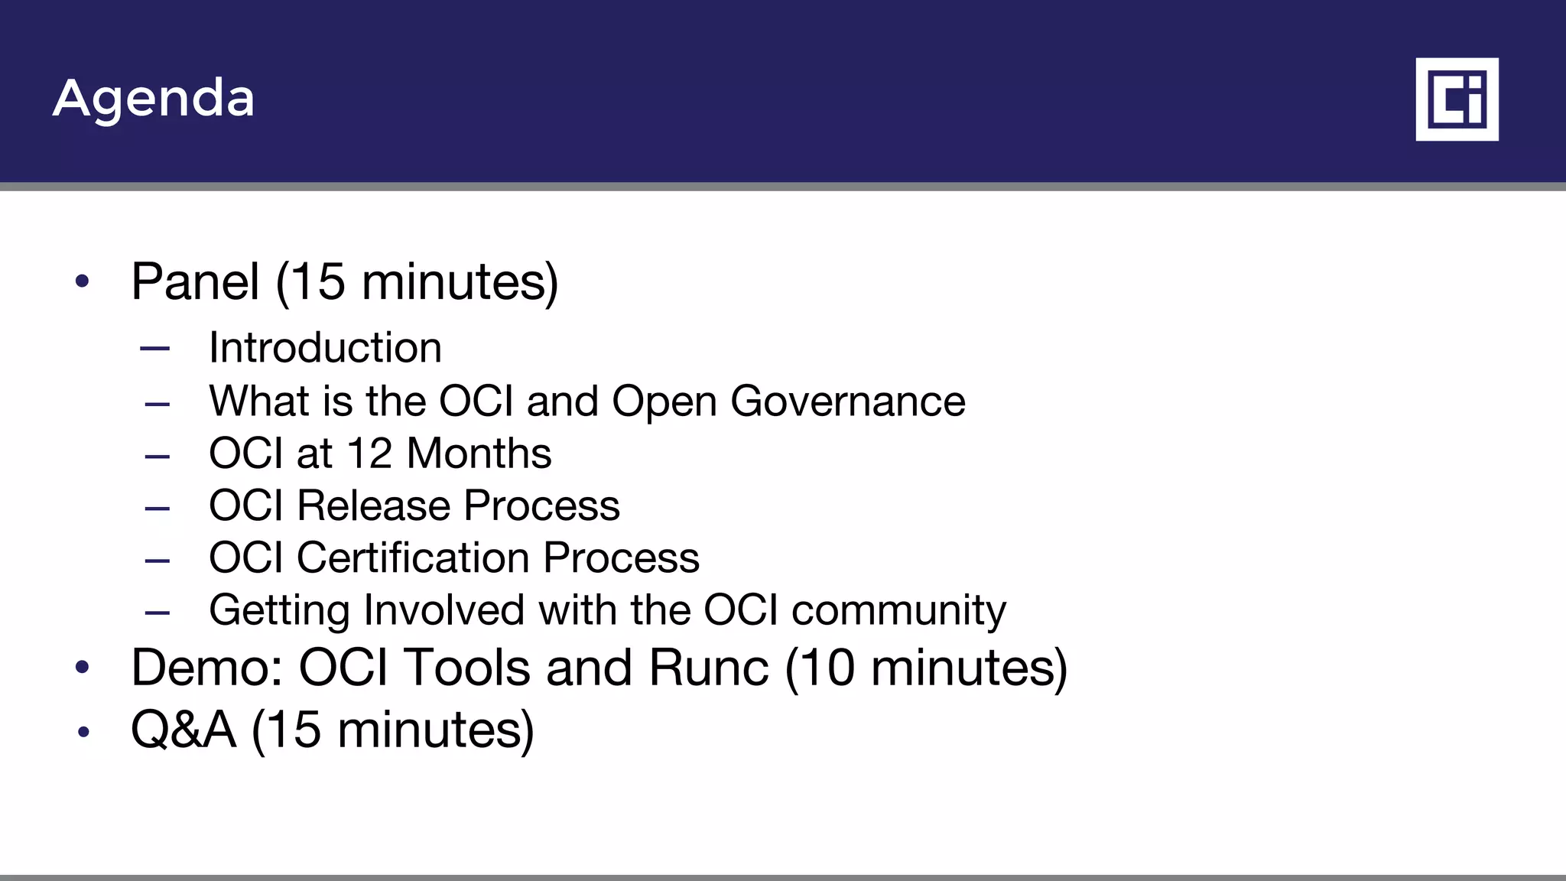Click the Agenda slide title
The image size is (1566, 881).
coord(153,99)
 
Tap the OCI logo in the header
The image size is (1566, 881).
coord(1457,99)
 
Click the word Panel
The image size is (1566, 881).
coord(195,281)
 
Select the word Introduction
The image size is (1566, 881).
coord(325,348)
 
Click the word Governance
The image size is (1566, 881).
coord(847,401)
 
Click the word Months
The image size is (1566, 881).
coord(479,453)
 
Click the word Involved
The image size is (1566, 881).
coord(443,610)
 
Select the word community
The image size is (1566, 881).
coord(898,611)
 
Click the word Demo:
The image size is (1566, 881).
coord(207,668)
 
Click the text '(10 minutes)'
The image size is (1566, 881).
coord(926,668)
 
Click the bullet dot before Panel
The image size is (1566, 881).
coord(83,282)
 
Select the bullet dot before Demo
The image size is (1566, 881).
coord(83,668)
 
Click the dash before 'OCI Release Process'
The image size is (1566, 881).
coord(157,507)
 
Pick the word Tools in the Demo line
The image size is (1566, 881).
coord(466,668)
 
